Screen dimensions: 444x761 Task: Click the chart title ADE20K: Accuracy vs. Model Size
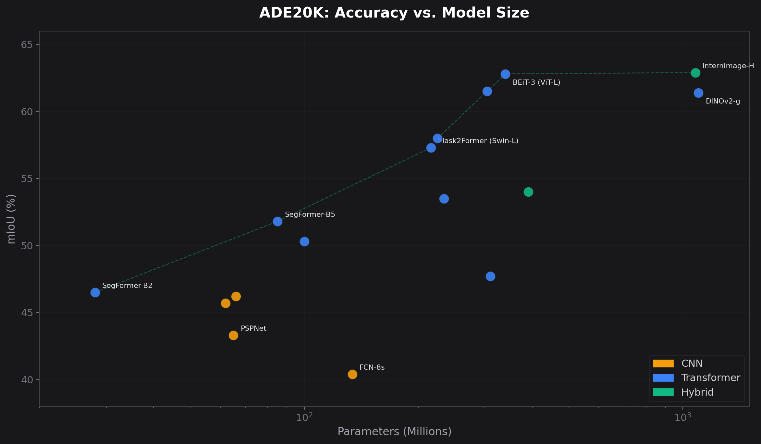394,13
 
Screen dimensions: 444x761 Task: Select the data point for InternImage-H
695,73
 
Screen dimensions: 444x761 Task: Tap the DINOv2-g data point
698,93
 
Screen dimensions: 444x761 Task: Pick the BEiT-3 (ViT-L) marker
505,74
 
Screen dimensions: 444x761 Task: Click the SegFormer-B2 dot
95,292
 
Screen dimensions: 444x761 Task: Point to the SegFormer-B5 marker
277,221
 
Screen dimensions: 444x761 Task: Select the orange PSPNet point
233,335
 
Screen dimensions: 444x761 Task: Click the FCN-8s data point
352,374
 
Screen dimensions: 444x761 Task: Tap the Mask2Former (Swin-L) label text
478,141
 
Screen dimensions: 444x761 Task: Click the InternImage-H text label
728,66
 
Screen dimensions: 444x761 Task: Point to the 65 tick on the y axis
27,44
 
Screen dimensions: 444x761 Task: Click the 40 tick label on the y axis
27,380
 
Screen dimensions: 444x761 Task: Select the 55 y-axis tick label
27,179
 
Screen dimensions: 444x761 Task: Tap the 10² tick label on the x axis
304,417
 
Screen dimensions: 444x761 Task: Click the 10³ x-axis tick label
682,417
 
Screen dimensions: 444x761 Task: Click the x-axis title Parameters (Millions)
394,431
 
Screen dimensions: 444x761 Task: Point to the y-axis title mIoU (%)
11,219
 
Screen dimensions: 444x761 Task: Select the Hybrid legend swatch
663,392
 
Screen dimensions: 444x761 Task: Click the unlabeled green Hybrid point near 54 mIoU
528,192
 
